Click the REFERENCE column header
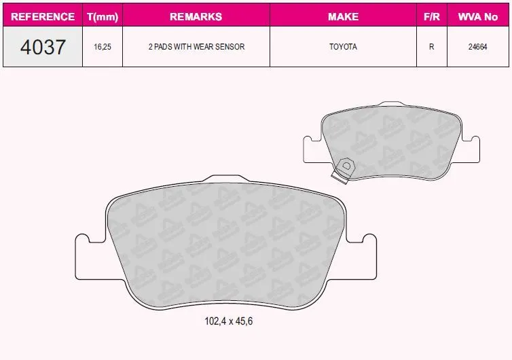coord(43,16)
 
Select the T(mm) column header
coord(103,17)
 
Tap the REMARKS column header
coord(196,16)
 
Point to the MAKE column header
coord(343,16)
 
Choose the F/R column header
coord(432,16)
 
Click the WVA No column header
coord(478,16)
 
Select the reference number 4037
coord(43,47)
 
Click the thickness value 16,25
coord(103,47)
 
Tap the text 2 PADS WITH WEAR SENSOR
coord(196,47)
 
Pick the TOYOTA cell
coord(343,47)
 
